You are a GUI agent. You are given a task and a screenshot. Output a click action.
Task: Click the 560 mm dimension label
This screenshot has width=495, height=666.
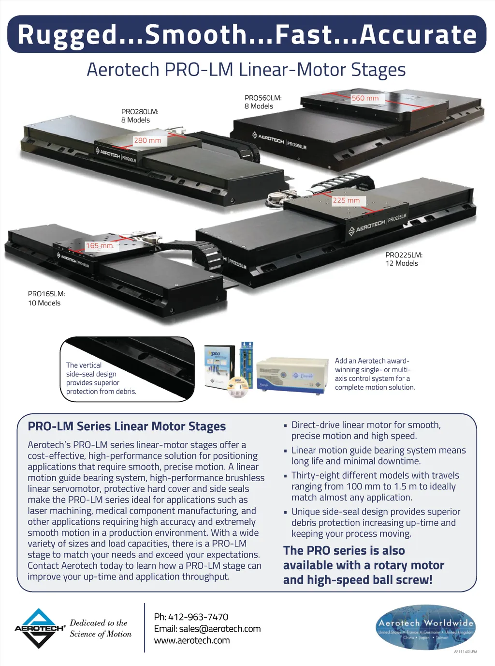[x=365, y=98]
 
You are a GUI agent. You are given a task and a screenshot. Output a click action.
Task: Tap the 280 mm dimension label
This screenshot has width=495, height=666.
[x=147, y=140]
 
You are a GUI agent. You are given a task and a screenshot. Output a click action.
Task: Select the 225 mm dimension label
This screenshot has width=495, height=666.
[x=346, y=200]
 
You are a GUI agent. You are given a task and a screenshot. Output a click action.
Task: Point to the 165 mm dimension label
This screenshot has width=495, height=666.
[x=99, y=246]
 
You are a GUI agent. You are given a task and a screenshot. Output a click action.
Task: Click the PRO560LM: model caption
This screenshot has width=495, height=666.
[x=263, y=98]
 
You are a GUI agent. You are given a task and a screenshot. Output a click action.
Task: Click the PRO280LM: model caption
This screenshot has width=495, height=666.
[x=140, y=112]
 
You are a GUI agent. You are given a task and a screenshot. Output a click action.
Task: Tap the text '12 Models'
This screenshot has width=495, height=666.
[x=402, y=263]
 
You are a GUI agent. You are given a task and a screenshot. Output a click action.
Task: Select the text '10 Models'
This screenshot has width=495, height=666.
[x=44, y=303]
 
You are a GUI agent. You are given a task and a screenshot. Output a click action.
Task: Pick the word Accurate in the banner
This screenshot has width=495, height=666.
[x=418, y=35]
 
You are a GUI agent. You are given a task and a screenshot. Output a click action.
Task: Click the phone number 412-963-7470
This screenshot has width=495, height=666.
[x=198, y=617]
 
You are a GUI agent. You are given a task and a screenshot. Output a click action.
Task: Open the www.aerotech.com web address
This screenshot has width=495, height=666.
[x=192, y=640]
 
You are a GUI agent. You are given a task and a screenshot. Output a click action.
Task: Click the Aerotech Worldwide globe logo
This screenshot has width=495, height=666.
[x=425, y=627]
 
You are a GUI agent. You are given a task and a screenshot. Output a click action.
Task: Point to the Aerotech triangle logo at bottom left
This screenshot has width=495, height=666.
[x=39, y=628]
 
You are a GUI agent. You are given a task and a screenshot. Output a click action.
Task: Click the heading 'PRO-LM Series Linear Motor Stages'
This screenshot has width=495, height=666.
[x=127, y=426]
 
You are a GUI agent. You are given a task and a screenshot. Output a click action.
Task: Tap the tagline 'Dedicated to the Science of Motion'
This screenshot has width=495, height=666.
[x=101, y=628]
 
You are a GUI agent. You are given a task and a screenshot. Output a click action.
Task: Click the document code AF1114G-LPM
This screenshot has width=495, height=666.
[x=465, y=651]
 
